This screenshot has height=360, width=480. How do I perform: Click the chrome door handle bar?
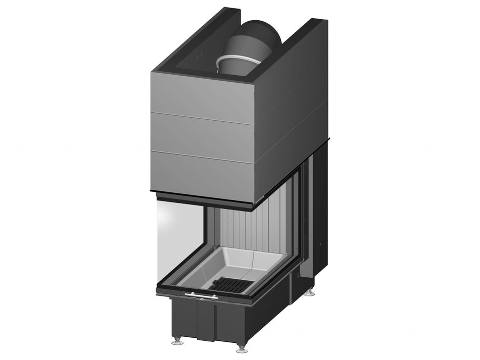click(201, 295)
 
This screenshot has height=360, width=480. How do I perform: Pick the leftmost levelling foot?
click(178, 341)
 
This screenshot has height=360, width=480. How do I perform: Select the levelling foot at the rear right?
click(309, 292)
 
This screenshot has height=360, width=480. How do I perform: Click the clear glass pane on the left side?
click(179, 237)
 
